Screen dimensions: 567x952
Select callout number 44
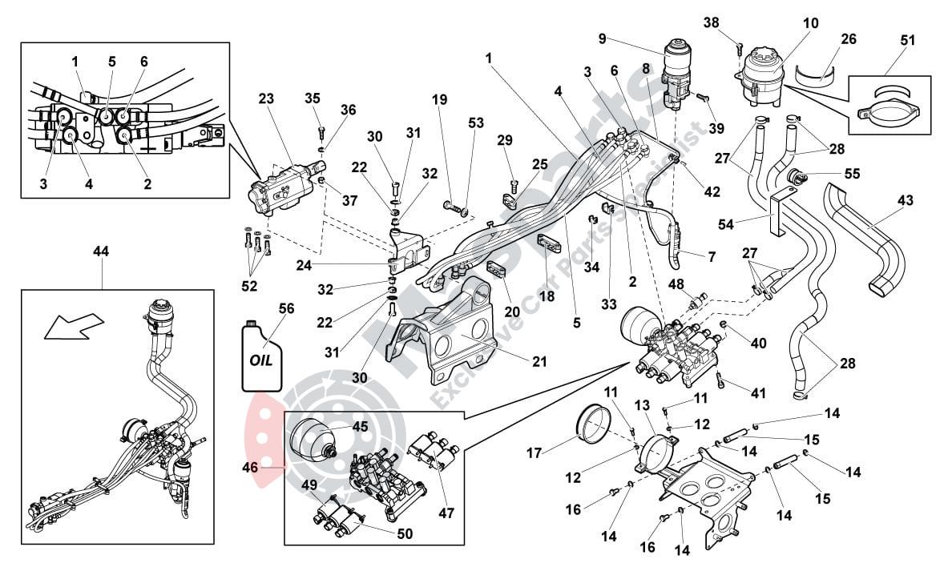click(x=101, y=251)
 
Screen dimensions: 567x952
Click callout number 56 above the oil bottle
click(x=286, y=308)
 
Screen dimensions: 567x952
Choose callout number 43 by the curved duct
click(x=905, y=201)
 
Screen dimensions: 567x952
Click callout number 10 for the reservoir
click(x=810, y=23)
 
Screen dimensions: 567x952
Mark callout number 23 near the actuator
click(x=266, y=99)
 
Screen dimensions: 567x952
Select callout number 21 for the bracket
click(x=539, y=362)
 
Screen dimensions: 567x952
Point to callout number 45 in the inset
click(x=360, y=427)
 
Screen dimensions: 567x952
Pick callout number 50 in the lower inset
click(x=405, y=533)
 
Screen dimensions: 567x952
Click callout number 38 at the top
click(x=712, y=23)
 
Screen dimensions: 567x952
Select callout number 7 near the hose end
click(x=710, y=257)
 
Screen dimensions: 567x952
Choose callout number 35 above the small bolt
click(x=313, y=99)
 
